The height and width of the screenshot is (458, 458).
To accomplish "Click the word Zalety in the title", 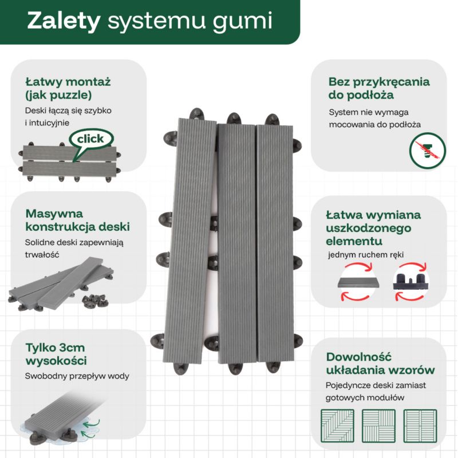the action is coord(64,21).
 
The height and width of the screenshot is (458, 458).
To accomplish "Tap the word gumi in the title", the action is coord(243,22).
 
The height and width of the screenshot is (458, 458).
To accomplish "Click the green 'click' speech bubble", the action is coord(91,139).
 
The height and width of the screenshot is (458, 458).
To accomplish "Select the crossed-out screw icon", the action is coord(427,151).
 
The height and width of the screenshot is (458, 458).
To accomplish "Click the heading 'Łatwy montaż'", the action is coord(68,81).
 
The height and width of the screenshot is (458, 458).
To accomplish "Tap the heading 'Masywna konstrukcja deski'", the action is coord(77,220).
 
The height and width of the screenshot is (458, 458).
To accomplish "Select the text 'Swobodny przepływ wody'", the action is coord(77,376).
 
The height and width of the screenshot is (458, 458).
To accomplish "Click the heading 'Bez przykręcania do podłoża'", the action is coord(379,88).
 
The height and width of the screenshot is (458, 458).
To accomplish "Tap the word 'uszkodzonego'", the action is coord(368,228).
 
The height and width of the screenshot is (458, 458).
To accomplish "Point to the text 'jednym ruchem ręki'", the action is coord(366,255).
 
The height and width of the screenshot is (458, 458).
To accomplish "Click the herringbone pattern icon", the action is coord(337,425).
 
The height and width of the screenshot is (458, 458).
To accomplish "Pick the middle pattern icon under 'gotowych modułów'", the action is coord(378,425).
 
